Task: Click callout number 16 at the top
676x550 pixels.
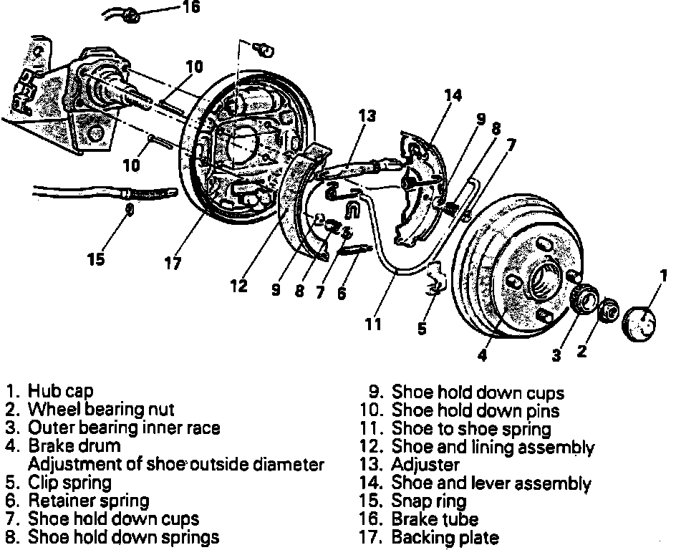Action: [191, 8]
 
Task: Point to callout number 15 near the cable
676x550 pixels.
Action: [97, 259]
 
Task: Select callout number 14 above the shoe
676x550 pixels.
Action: [452, 94]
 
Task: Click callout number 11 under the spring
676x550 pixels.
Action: [372, 324]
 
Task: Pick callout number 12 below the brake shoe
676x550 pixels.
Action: [238, 286]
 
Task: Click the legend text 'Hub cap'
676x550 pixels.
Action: [60, 391]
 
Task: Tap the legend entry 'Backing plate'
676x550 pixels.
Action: [445, 537]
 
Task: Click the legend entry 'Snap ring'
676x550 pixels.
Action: [429, 501]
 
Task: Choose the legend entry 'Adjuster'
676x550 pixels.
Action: [425, 465]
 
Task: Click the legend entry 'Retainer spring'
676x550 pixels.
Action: [88, 501]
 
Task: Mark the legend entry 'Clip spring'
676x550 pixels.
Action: [69, 483]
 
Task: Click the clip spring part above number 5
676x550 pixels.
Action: [435, 279]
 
